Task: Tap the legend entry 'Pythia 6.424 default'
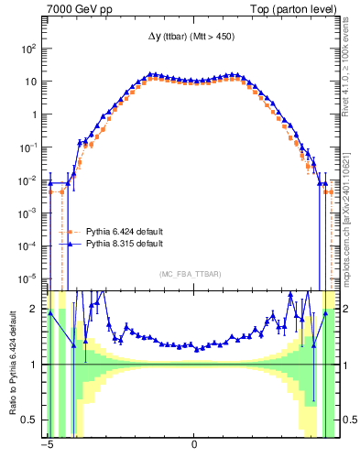124,231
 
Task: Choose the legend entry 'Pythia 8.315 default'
124,244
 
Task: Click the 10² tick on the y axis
28,49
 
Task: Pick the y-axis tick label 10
30,82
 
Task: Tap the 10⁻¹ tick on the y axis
28,147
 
